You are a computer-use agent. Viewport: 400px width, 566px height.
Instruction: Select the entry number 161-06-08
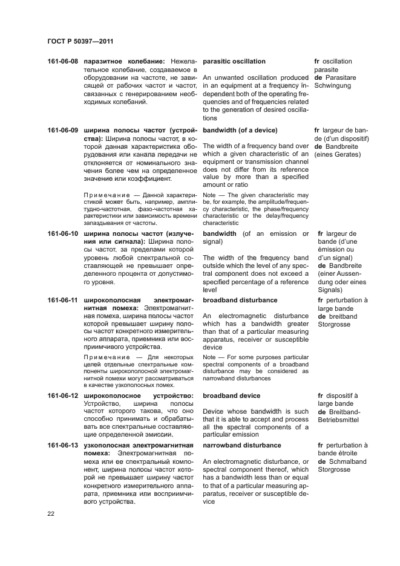coord(63,62)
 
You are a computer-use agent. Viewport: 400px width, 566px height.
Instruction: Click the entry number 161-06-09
coord(63,131)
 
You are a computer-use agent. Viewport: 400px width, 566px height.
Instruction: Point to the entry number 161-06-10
coord(63,233)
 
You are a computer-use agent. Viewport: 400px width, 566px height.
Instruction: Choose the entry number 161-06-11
coord(63,300)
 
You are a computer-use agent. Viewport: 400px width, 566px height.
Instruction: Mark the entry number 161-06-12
coord(63,395)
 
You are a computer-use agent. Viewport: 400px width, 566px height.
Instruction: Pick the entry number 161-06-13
coord(63,445)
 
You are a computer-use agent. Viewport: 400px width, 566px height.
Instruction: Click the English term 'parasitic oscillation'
coord(234,62)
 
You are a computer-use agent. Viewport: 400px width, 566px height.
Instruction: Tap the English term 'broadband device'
coord(231,395)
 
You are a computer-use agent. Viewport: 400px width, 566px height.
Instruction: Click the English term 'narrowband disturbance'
coord(242,445)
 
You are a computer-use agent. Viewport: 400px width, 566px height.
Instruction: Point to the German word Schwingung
coord(335,86)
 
